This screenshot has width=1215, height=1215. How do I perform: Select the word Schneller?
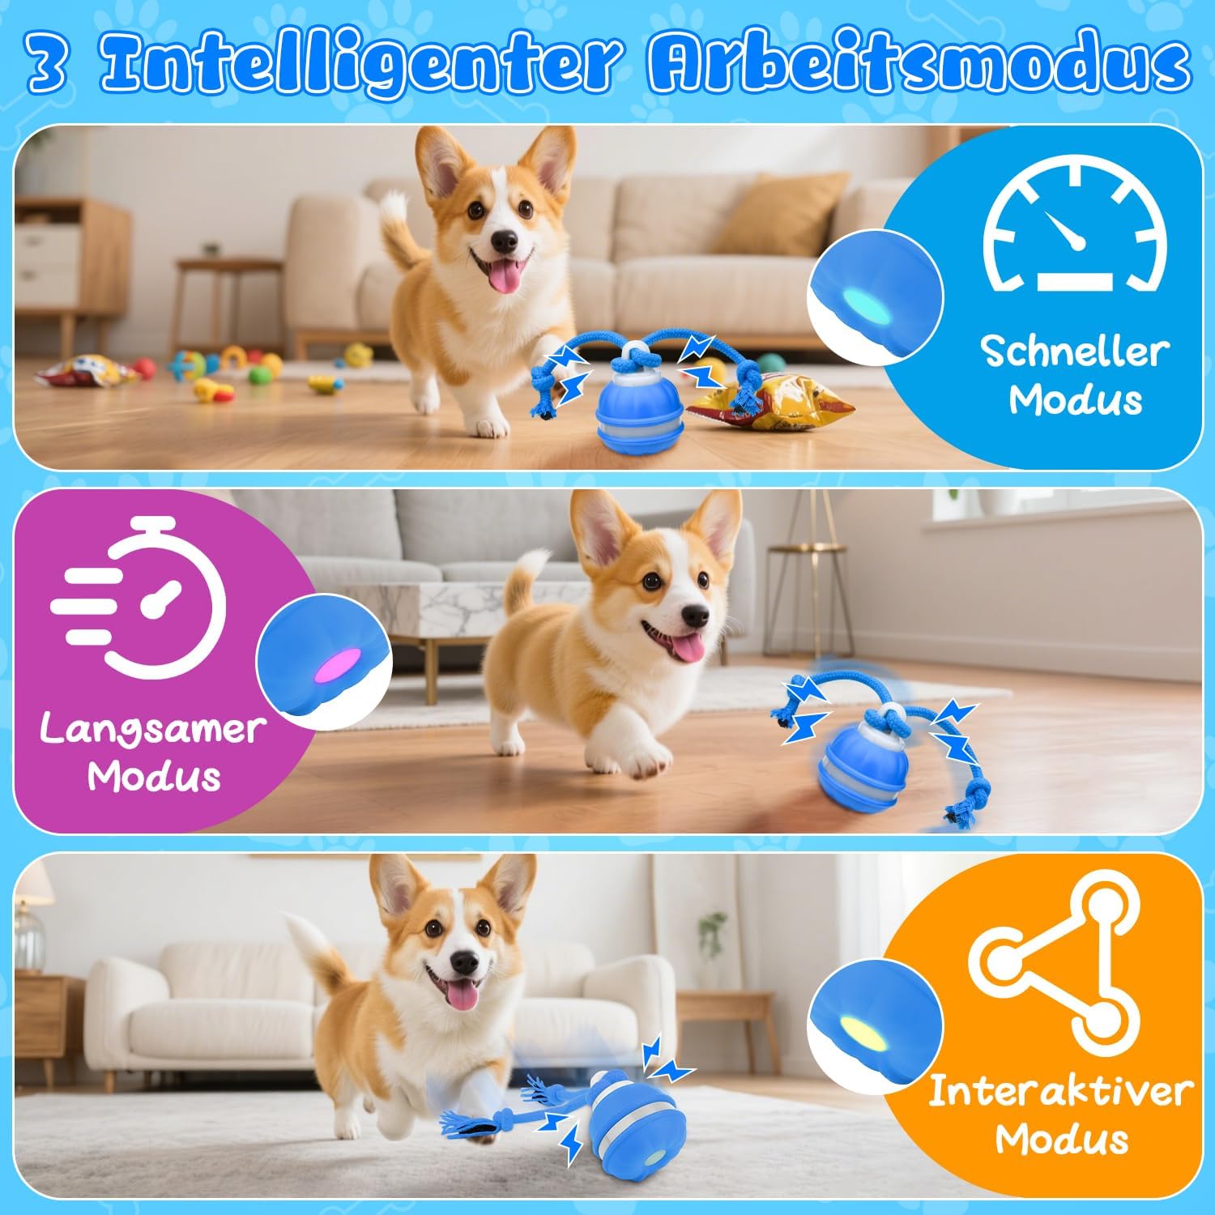1075,352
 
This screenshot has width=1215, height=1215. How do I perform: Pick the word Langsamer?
151,729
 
